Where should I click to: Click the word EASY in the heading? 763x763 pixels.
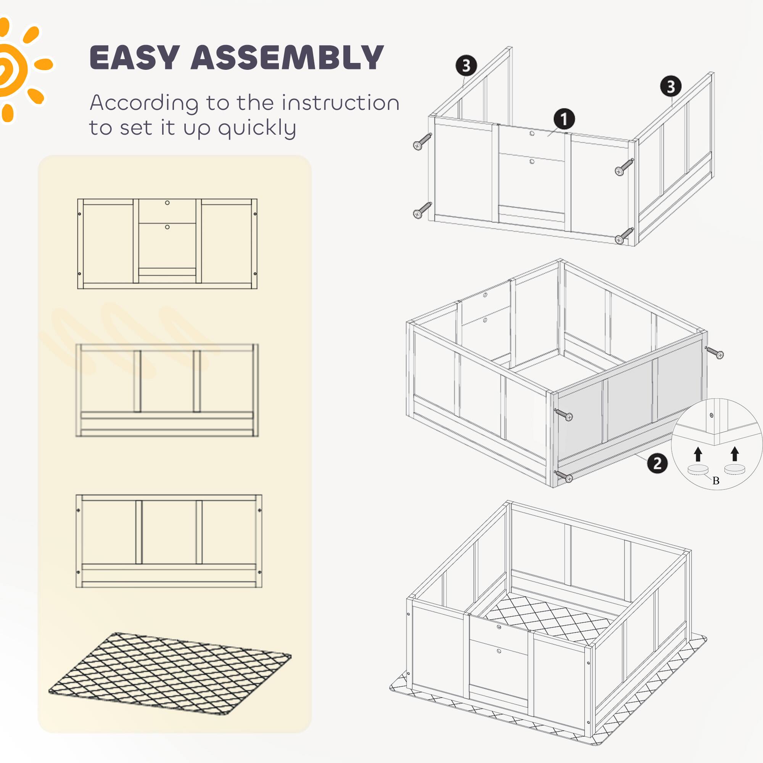(x=135, y=58)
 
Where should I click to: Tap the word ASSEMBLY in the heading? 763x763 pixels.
(x=287, y=58)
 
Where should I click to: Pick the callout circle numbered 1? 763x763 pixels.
(x=563, y=119)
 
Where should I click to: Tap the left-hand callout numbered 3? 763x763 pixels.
(x=466, y=66)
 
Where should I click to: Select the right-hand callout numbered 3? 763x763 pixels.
(x=671, y=86)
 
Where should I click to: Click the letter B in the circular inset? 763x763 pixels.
(x=716, y=481)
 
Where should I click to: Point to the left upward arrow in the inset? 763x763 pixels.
(x=698, y=454)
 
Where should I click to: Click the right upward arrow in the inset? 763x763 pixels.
(x=734, y=454)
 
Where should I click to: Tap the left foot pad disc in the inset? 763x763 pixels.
(x=698, y=470)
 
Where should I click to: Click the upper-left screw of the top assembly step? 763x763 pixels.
(x=423, y=141)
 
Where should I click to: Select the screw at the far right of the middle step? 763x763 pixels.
(x=715, y=353)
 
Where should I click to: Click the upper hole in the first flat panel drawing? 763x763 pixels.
(x=167, y=203)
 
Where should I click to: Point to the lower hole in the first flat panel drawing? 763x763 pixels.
(x=167, y=227)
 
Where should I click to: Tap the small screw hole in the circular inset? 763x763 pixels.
(x=711, y=415)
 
